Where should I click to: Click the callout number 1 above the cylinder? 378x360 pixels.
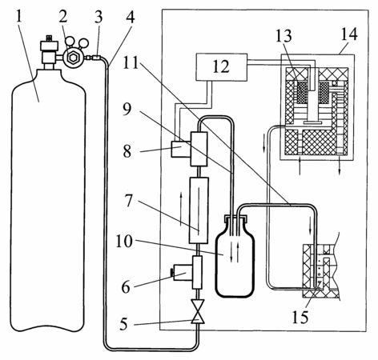point(19,18)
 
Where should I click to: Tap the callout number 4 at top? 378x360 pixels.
point(130,17)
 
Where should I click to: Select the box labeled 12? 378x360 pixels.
point(221,67)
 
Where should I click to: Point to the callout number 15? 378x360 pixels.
point(300,317)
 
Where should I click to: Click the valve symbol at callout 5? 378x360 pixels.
point(198,311)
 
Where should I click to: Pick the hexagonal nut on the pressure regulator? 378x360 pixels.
point(72,57)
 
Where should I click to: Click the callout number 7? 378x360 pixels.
point(129,201)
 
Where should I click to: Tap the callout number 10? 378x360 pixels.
point(124,242)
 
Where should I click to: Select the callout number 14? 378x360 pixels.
point(348,34)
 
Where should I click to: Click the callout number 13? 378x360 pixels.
point(283,36)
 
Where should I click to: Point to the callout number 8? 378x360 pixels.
point(127,151)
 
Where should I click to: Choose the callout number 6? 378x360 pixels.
point(126,287)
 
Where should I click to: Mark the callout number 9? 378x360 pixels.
point(127,110)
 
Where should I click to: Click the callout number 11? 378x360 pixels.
point(131,63)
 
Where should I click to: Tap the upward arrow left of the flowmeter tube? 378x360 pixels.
point(181,210)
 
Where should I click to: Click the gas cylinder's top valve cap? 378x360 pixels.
point(49,44)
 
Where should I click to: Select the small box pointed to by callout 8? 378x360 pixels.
point(181,149)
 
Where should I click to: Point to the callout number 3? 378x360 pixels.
point(99,17)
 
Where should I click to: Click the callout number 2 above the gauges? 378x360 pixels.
point(63,17)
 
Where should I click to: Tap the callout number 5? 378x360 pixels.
point(123,324)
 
